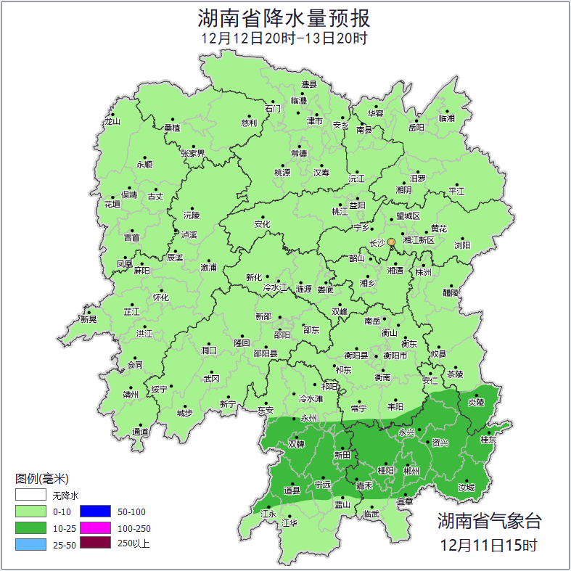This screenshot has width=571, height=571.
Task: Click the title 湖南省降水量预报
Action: (285, 17)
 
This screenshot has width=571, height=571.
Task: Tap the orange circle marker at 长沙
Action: (392, 242)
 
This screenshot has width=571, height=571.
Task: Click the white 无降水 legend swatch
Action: (30, 496)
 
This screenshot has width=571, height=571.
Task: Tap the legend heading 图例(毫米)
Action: (41, 479)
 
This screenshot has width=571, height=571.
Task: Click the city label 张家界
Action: (193, 154)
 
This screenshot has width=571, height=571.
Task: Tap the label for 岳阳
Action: (416, 128)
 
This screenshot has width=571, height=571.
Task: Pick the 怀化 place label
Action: (160, 297)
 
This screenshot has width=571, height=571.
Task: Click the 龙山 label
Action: (112, 122)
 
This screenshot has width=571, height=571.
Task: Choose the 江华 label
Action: (290, 522)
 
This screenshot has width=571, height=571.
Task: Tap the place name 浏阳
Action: (462, 245)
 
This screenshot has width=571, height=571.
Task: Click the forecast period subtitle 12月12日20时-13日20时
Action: (285, 38)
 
